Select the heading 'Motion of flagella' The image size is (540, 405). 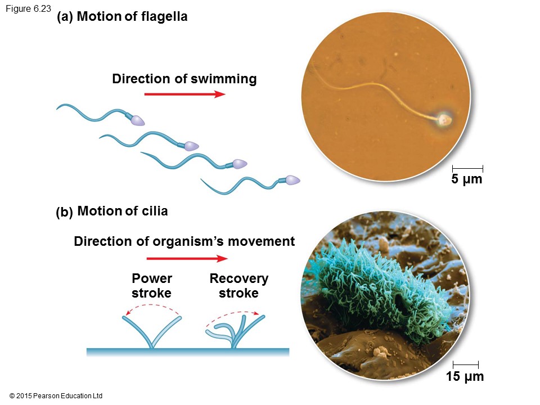click(132, 17)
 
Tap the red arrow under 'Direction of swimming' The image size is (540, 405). click(184, 94)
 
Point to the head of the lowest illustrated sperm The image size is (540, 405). click(292, 180)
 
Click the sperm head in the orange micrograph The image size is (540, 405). click(444, 119)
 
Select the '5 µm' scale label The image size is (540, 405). click(467, 180)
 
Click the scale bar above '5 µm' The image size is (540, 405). click(467, 168)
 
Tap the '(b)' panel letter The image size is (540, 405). click(64, 213)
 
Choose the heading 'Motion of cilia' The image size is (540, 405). click(123, 211)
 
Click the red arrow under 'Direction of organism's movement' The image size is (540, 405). click(187, 258)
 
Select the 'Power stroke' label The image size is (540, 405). click(151, 286)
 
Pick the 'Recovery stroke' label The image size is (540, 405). click(238, 286)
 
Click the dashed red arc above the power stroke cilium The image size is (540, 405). click(152, 306)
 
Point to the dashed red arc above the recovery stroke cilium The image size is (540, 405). click(232, 312)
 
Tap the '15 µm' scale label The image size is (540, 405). click(465, 377)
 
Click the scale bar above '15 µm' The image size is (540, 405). click(465, 365)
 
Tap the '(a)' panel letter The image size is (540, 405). click(65, 17)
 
